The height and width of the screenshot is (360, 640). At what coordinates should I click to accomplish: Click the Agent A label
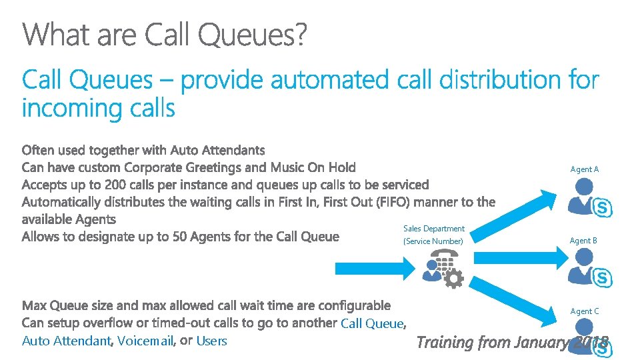pyautogui.click(x=584, y=169)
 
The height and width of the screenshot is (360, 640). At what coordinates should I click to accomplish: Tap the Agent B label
pyautogui.click(x=583, y=240)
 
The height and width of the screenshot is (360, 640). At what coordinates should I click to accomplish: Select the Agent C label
pyautogui.click(x=584, y=311)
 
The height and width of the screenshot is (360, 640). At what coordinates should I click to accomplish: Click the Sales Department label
pyautogui.click(x=433, y=229)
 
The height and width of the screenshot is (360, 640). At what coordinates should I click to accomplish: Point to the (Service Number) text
pyautogui.click(x=433, y=241)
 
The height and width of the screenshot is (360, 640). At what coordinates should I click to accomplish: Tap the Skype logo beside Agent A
pyautogui.click(x=603, y=208)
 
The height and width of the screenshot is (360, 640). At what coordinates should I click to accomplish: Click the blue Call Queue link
pyautogui.click(x=372, y=324)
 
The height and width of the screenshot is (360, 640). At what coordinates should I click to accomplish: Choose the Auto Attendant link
pyautogui.click(x=65, y=341)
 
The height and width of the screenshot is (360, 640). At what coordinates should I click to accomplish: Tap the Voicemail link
pyautogui.click(x=145, y=341)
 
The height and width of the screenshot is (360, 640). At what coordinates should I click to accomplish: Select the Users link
pyautogui.click(x=212, y=341)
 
